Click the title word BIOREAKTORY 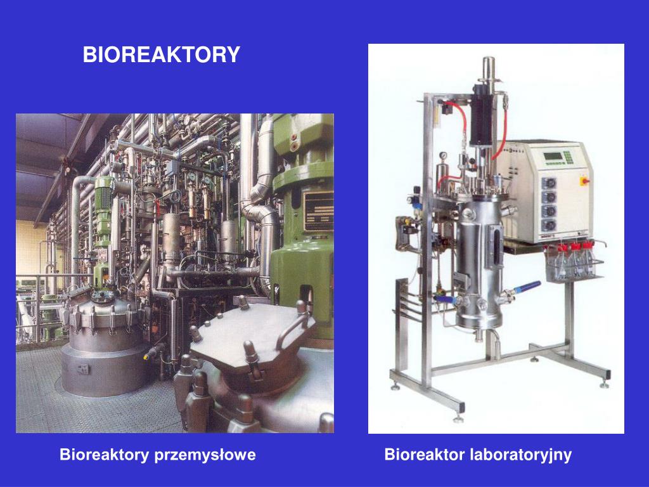click(162, 55)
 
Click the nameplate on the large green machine click(319, 209)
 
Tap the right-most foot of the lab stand click(604, 384)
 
